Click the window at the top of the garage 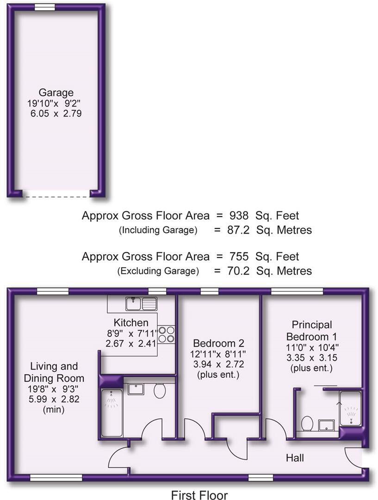[x=45, y=7]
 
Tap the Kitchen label [x=131, y=323]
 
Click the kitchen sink [x=142, y=304]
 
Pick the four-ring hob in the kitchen [x=167, y=335]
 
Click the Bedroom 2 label [x=218, y=344]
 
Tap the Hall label [x=295, y=458]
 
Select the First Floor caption [x=199, y=495]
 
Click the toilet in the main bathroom [x=160, y=391]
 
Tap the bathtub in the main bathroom [x=112, y=412]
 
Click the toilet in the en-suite [x=307, y=423]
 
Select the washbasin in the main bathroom [x=136, y=388]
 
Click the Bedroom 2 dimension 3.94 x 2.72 [x=218, y=364]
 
